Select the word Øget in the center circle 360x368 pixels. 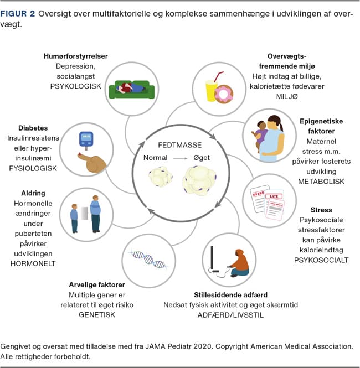pyautogui.click(x=203, y=158)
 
